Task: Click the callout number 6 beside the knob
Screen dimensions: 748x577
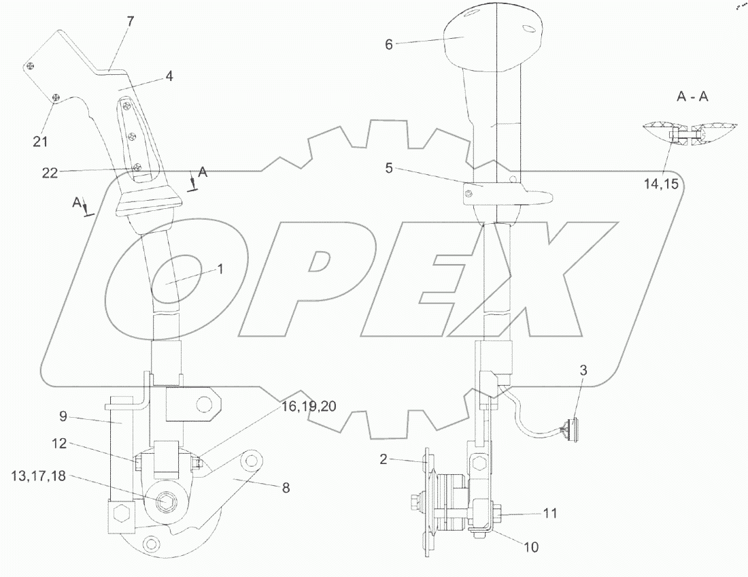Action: (x=389, y=44)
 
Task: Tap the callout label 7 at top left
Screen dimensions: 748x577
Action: (x=131, y=22)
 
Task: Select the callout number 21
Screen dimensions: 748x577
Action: (x=40, y=142)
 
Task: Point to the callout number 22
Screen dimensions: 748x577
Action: (x=50, y=173)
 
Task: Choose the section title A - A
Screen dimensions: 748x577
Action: (x=692, y=97)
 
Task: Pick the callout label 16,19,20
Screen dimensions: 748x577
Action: (x=309, y=406)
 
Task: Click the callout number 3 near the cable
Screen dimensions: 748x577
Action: (x=583, y=370)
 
